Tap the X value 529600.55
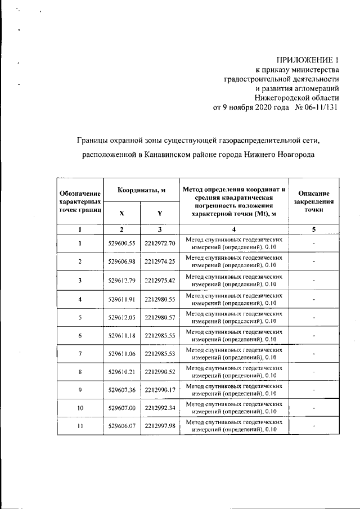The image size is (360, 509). pos(122,243)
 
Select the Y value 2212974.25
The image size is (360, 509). pos(160,262)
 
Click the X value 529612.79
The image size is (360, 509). pos(122,280)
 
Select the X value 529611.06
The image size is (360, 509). pos(122,354)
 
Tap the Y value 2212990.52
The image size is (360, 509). pos(160,373)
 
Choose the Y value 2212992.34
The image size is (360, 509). pos(160,407)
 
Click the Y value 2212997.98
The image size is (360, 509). pos(160,426)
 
